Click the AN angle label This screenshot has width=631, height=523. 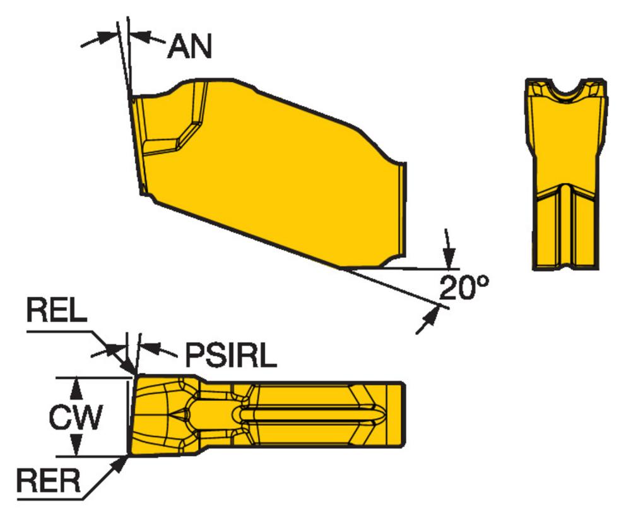pyautogui.click(x=189, y=46)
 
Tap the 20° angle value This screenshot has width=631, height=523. pyautogui.click(x=464, y=287)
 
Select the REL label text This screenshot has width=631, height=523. pyautogui.click(x=56, y=310)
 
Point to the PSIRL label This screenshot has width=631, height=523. pyautogui.click(x=231, y=355)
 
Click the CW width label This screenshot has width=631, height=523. pyautogui.click(x=76, y=417)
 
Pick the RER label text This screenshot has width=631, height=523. pyautogui.click(x=49, y=480)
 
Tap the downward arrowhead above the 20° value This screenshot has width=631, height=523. pyautogui.click(x=449, y=258)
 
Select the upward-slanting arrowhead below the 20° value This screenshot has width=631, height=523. pyautogui.click(x=430, y=315)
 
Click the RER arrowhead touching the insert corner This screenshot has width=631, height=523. pyautogui.click(x=119, y=464)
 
